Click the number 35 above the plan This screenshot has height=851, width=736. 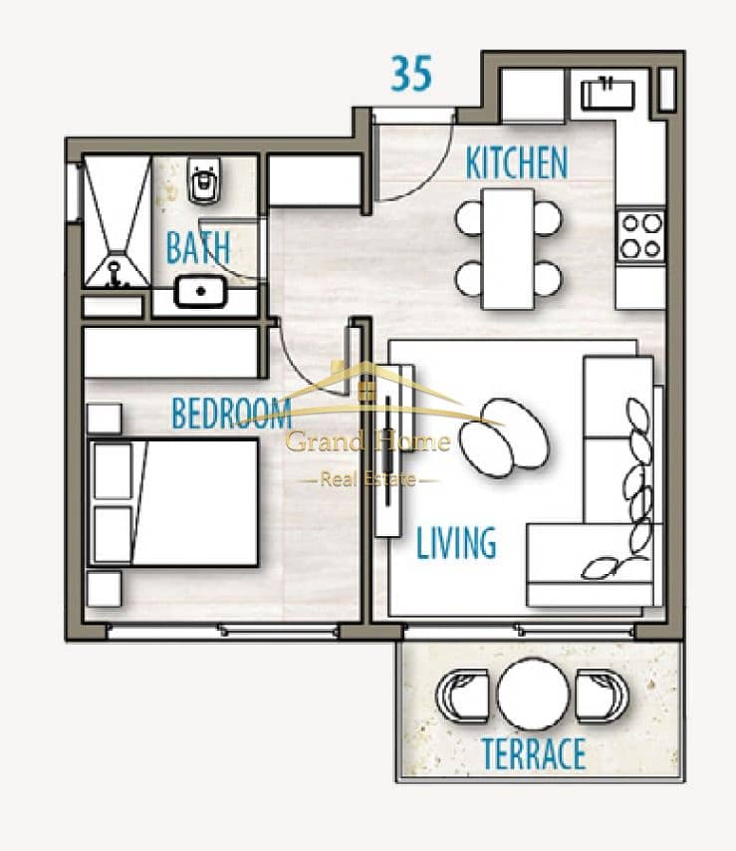pos(411,74)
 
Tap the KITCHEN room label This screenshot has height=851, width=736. pos(517,162)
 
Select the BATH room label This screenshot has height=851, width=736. pos(198,247)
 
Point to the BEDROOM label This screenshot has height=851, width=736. pos(232,413)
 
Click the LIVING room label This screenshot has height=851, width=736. pos(456,542)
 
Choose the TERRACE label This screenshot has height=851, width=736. pos(534,753)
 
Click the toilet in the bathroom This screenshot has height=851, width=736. pos(204,180)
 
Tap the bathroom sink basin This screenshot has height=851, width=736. pos(200,291)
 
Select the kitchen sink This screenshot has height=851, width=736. pos(608,95)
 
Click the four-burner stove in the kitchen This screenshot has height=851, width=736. pos(641,236)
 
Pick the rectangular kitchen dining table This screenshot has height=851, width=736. pos(508,249)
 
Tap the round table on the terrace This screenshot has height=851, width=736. pos(533,695)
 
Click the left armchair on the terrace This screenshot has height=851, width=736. pos(461,696)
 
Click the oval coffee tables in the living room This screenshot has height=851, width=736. pos(504,438)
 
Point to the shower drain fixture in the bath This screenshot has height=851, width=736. pos(115,275)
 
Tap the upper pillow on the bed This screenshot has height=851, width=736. pos(113,471)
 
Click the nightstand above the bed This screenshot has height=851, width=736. pos(105,419)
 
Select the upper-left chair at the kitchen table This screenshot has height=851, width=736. pos(469,218)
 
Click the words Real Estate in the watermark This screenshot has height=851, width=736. pos(368,479)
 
